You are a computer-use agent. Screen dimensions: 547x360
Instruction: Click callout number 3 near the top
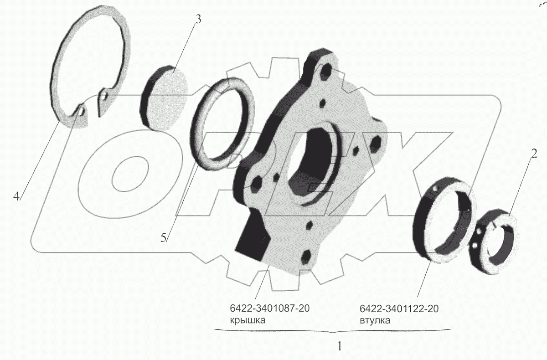[198, 20]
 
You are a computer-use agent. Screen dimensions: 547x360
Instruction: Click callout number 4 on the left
[16, 196]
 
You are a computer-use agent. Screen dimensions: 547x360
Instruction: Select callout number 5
[163, 237]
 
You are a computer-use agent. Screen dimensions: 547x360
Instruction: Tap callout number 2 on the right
[534, 154]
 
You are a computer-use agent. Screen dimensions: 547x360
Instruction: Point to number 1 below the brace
[340, 346]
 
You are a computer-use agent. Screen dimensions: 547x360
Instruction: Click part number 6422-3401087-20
[269, 309]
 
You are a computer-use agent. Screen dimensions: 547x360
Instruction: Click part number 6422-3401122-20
[399, 309]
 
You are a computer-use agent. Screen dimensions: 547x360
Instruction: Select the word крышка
[248, 320]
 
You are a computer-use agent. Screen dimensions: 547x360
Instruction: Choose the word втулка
[375, 320]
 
